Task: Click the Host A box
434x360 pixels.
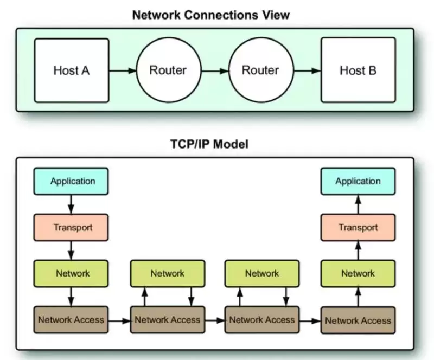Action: [71, 70]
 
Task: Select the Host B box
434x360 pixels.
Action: [358, 70]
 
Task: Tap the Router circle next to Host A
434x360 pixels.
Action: [168, 70]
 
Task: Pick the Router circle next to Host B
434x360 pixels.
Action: [260, 70]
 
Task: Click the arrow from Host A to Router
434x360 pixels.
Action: [122, 70]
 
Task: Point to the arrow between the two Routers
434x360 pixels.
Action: [214, 70]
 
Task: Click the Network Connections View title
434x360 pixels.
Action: [211, 15]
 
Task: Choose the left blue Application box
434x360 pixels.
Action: [71, 181]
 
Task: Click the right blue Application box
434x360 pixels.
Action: [358, 181]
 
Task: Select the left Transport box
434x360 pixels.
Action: [71, 227]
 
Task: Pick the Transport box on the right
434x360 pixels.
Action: [358, 227]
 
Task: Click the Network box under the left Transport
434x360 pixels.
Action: [71, 273]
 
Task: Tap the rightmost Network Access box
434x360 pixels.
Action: [358, 320]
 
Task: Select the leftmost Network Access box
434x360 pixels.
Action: [71, 319]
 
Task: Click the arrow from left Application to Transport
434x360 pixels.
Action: [71, 204]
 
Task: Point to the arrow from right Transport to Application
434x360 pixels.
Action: [358, 204]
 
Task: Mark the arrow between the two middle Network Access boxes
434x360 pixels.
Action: [214, 320]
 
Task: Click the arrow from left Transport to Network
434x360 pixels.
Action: [71, 250]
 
